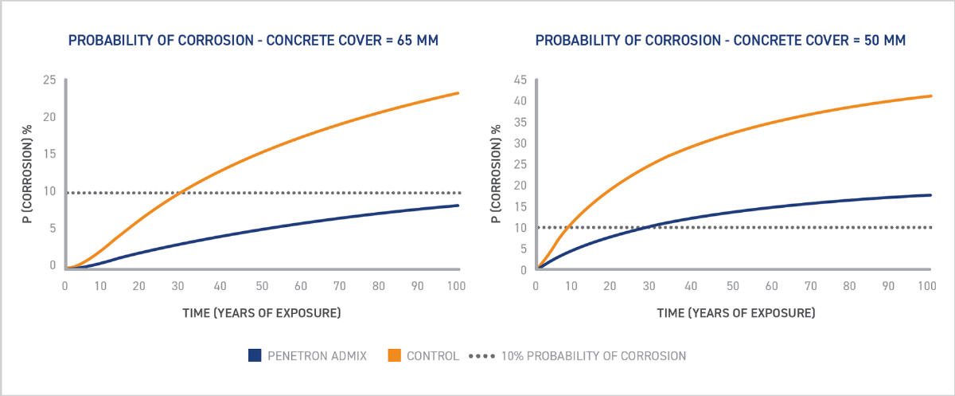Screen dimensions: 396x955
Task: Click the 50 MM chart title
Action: (x=720, y=39)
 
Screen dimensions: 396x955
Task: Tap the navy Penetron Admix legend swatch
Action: (x=255, y=356)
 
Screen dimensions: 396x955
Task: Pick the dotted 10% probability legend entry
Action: (x=481, y=356)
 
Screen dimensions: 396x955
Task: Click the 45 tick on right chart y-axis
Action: (x=520, y=80)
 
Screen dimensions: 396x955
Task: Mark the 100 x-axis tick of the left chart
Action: (x=456, y=286)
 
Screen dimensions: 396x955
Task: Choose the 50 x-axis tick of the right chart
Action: (x=731, y=286)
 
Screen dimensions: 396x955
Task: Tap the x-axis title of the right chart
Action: (x=735, y=312)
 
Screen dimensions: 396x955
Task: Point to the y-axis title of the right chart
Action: (x=497, y=174)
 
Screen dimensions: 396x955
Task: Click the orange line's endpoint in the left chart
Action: (x=458, y=93)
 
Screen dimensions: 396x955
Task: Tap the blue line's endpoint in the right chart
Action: (x=930, y=195)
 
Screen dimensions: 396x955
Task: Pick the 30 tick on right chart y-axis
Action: (x=520, y=143)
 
